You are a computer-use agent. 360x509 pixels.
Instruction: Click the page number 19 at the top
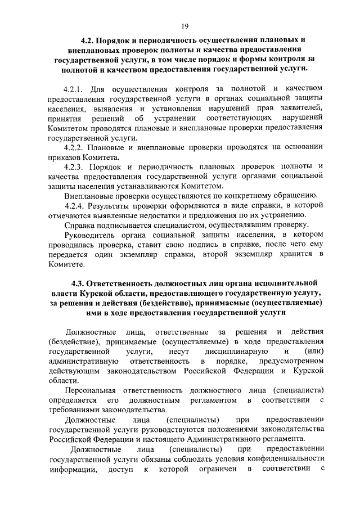click(x=184, y=26)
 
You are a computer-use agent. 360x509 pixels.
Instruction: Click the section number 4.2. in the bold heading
click(x=89, y=40)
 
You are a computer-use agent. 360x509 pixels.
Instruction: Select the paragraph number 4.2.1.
click(x=74, y=89)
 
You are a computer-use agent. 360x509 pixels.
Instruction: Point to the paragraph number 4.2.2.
click(x=74, y=147)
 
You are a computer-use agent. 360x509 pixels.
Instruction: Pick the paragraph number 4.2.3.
click(x=74, y=166)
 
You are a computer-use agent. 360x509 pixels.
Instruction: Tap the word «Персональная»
click(x=91, y=390)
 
